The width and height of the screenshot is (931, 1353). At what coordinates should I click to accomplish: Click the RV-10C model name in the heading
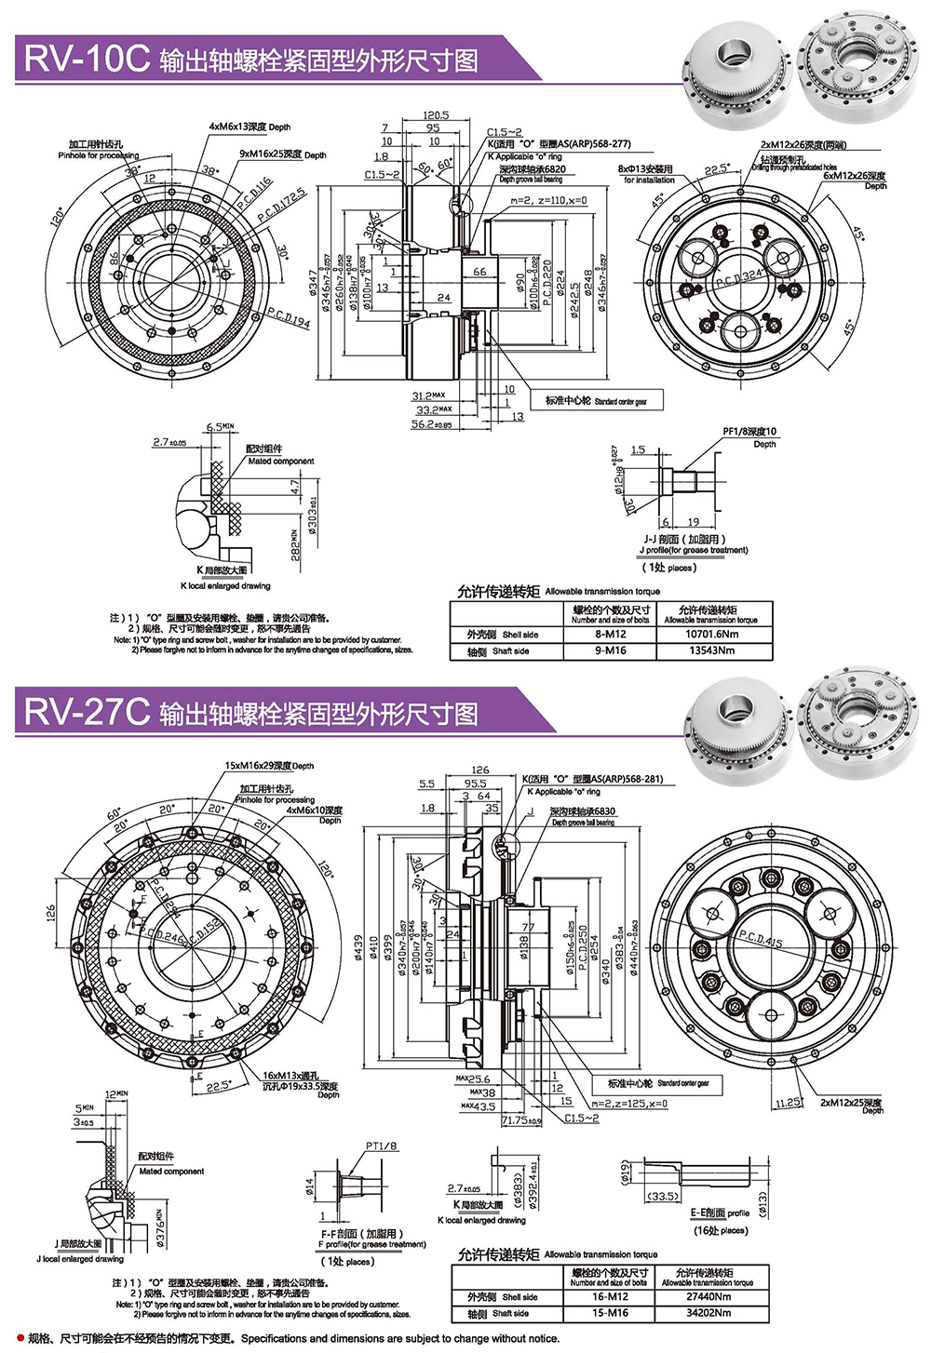(x=87, y=59)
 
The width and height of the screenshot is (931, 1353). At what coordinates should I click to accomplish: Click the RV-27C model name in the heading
(x=87, y=712)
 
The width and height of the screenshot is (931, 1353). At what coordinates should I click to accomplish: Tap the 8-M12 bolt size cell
(x=611, y=634)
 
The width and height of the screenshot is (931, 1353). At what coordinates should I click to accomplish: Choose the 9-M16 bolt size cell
(x=611, y=650)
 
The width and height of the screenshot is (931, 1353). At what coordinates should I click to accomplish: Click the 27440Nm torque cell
(x=708, y=1296)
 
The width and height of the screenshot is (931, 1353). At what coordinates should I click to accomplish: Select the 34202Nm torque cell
(x=708, y=1313)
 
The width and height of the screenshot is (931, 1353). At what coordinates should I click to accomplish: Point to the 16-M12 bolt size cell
(x=611, y=1296)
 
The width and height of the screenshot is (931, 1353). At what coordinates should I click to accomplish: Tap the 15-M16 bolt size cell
(x=611, y=1313)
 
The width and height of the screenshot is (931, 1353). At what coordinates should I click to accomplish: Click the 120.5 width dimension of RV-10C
(x=436, y=115)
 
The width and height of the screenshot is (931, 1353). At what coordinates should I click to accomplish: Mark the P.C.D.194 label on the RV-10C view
(x=289, y=317)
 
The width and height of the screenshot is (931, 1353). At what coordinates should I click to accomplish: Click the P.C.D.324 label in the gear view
(x=738, y=275)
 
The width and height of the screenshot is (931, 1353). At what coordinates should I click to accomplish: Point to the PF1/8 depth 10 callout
(x=749, y=436)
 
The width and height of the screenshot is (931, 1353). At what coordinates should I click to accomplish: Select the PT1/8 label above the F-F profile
(x=382, y=1145)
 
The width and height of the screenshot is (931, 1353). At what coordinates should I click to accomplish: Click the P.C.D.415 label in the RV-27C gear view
(x=761, y=939)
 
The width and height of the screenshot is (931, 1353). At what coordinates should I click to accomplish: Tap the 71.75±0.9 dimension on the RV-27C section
(x=521, y=1120)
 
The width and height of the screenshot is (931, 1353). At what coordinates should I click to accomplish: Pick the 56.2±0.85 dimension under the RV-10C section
(x=432, y=424)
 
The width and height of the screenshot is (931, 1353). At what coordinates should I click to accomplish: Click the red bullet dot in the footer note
(x=20, y=1338)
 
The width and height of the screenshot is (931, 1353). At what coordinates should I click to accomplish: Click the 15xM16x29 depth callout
(x=269, y=766)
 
